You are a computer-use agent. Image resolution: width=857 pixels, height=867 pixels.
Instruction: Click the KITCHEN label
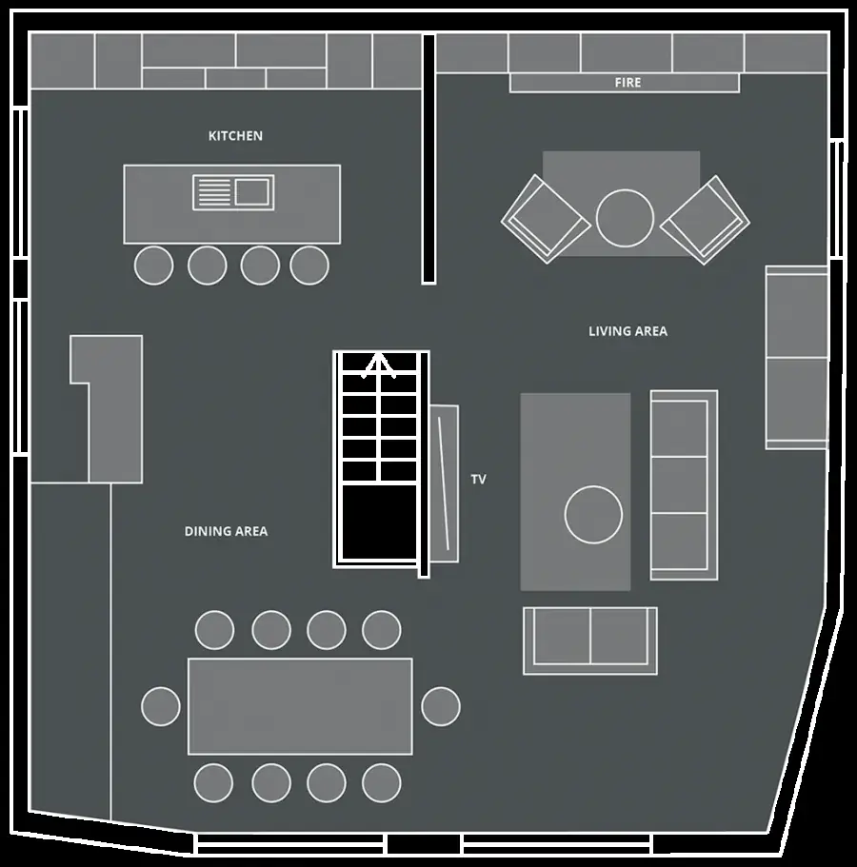point(235,136)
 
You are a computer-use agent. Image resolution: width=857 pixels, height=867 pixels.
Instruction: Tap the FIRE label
point(628,83)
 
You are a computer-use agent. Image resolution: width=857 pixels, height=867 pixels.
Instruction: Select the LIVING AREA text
point(628,331)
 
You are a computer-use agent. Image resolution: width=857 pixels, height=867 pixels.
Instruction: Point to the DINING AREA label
point(226,531)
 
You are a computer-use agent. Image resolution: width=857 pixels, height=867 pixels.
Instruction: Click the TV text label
point(479,480)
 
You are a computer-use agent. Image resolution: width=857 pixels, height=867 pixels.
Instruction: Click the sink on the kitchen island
point(233,192)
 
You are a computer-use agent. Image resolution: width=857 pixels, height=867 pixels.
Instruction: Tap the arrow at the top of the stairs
point(378,365)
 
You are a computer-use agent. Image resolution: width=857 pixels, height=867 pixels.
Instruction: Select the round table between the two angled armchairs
point(625,218)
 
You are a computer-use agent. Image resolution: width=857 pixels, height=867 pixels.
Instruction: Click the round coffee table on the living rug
point(593,515)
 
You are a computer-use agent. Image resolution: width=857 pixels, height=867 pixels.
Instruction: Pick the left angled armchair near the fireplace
point(546,219)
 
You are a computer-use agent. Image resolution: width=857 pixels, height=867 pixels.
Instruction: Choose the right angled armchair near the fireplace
point(705,220)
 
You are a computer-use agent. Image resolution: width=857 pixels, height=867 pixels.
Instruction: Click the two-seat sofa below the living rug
point(590,640)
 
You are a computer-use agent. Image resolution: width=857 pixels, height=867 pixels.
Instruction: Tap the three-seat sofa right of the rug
point(684,485)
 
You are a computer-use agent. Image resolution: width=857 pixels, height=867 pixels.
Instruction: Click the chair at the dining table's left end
point(160,706)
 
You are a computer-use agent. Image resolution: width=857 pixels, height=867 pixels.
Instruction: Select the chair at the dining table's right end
point(440,706)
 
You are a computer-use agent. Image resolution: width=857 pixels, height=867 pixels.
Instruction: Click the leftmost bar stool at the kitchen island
point(154,266)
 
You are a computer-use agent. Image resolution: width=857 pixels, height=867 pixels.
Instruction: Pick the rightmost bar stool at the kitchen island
point(309,266)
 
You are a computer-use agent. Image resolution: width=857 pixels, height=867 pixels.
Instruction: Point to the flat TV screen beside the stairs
point(445,483)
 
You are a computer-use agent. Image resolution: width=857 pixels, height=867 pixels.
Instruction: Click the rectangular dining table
point(300,706)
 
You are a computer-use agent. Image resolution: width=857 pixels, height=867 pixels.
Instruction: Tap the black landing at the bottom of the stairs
point(380,523)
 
